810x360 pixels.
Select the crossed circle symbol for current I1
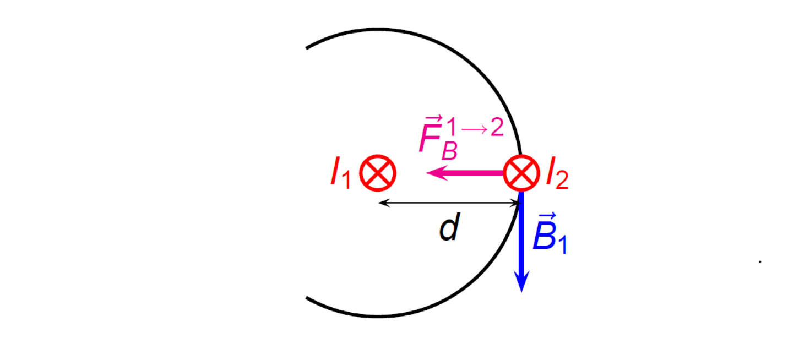click(x=378, y=173)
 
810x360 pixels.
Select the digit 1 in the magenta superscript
click(x=454, y=128)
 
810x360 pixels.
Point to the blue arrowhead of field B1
click(x=521, y=283)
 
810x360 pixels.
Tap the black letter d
click(x=449, y=230)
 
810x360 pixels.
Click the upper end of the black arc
click(x=307, y=48)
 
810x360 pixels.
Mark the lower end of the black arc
click(x=307, y=299)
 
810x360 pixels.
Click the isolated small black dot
click(x=760, y=261)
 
